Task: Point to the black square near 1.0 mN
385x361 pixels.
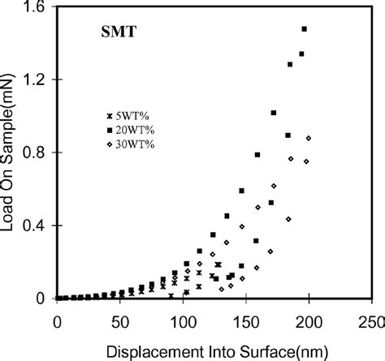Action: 274,113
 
